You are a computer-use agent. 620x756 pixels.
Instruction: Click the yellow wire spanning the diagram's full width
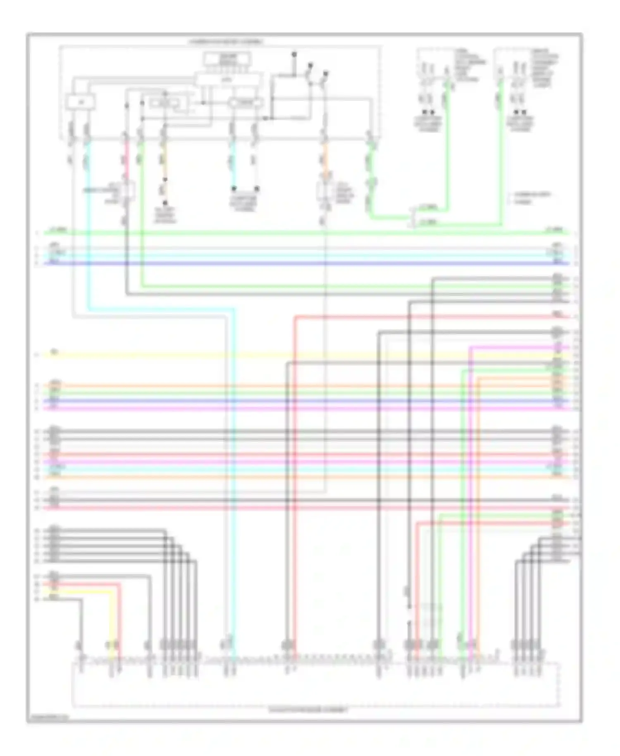tap(289, 355)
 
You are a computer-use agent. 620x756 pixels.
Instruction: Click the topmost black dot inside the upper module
tap(294, 54)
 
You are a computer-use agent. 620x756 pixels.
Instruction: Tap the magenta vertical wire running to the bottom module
tap(470, 496)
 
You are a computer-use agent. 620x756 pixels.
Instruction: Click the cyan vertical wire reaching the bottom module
tap(234, 496)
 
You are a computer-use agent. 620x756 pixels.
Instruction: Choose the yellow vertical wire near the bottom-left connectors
tap(112, 620)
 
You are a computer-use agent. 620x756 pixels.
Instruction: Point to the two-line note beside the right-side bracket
tap(531, 198)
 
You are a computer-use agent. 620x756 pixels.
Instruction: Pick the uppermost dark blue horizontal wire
tap(306, 263)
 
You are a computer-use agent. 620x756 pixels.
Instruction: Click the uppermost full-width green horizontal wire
tap(306, 233)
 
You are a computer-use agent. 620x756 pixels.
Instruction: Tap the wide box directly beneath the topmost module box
tap(228, 78)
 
